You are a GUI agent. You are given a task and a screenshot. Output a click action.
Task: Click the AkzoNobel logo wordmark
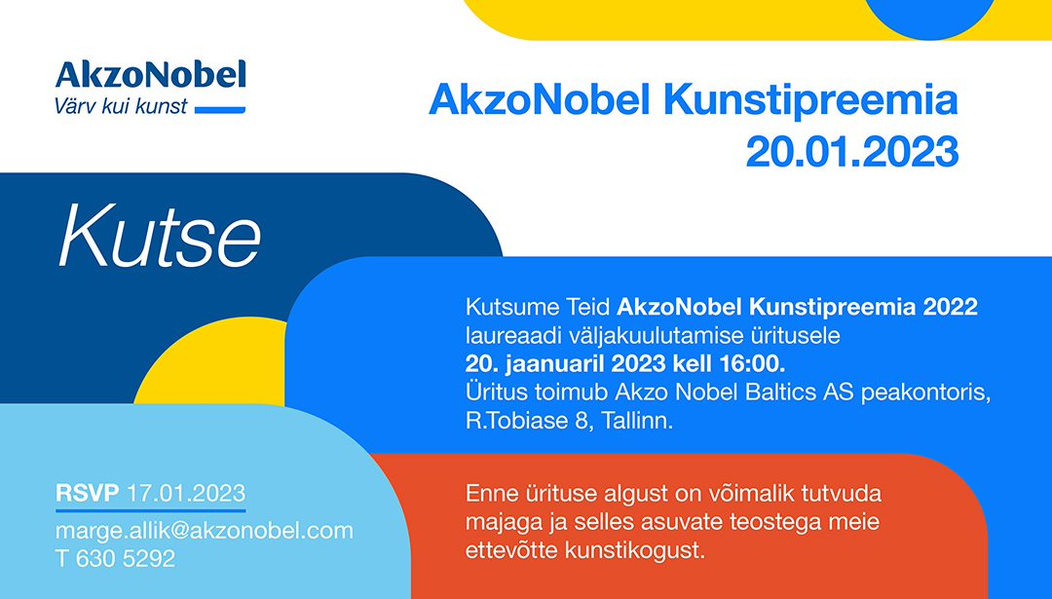coord(150,75)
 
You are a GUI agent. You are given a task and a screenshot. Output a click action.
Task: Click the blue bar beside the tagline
coord(220,110)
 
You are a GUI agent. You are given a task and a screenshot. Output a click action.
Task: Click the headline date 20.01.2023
coord(851,152)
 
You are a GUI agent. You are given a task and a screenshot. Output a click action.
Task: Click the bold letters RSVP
coord(88,493)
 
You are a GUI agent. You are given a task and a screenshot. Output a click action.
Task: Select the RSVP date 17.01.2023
coord(186,493)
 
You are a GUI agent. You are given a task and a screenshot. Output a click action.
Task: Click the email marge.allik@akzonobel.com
coord(204,531)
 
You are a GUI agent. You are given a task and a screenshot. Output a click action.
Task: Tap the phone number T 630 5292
coord(115,558)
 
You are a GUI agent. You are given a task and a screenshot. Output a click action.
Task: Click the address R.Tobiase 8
coord(530,421)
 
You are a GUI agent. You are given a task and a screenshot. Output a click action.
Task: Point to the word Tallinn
coord(637,421)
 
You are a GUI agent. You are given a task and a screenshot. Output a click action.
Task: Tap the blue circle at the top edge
coord(930,19)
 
